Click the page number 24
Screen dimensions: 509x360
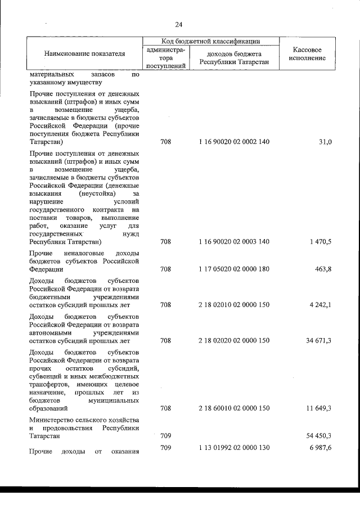(x=179, y=24)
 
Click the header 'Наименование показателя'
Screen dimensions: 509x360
(x=84, y=53)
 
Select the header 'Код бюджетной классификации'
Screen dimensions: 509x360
(x=210, y=40)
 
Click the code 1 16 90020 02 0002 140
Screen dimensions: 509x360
(x=234, y=142)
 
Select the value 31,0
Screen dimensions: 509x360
(x=324, y=142)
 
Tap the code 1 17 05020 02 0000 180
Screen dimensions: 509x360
(x=234, y=269)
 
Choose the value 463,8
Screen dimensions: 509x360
(x=322, y=269)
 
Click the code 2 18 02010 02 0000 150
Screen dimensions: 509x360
(x=234, y=305)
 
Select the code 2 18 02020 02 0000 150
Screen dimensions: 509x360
(x=234, y=340)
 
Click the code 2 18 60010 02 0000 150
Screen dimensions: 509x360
(x=234, y=408)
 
